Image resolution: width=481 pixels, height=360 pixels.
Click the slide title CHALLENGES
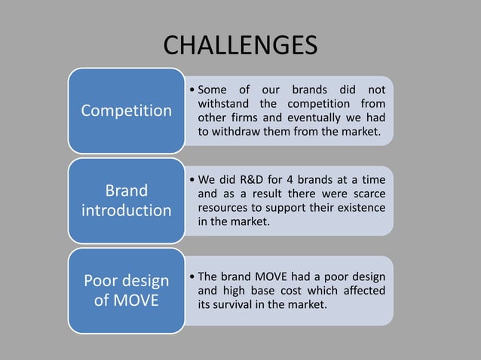240,46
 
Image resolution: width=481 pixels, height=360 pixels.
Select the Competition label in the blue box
127,111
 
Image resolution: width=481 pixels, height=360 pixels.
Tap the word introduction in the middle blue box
127,209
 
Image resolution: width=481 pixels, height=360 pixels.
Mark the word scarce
367,194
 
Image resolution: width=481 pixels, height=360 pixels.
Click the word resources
225,207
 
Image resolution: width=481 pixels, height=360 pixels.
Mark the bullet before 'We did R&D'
192,180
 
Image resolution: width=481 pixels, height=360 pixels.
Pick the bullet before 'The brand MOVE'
192,277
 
